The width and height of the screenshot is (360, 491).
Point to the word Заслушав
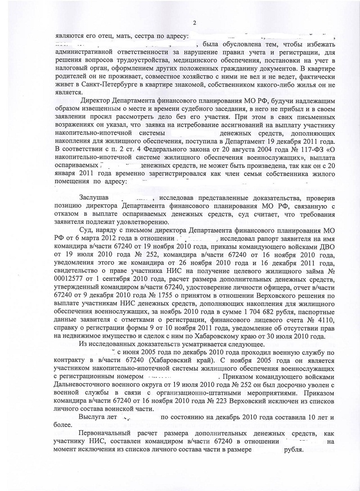95,198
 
